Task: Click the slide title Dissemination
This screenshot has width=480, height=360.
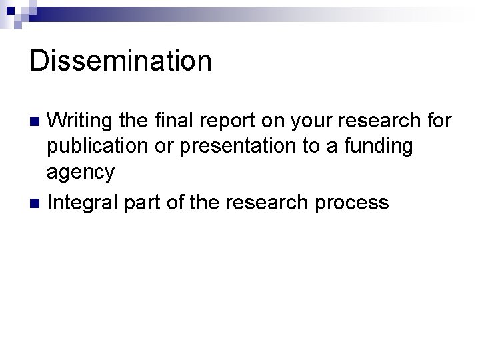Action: [121, 61]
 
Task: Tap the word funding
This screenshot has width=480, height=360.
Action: [382, 146]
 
